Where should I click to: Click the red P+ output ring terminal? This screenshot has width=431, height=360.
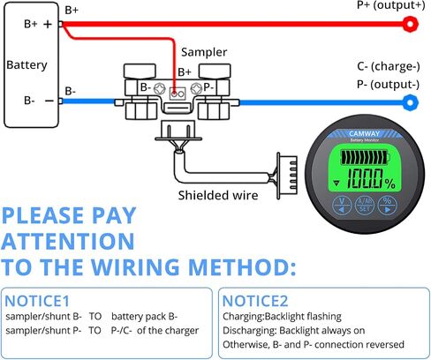(x=410, y=24)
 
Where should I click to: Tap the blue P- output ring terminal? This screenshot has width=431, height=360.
(x=410, y=102)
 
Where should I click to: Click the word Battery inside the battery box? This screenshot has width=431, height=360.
(x=26, y=65)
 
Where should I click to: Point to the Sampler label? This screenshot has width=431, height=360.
(x=204, y=52)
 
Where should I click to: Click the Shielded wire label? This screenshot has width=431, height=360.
(x=218, y=195)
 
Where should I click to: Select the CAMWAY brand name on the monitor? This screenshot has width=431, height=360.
(x=364, y=134)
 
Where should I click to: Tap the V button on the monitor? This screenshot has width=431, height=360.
(x=342, y=205)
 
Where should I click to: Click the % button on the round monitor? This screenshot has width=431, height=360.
(x=388, y=205)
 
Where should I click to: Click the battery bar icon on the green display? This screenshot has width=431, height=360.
(x=366, y=158)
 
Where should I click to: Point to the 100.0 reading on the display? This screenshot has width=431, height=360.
(x=365, y=178)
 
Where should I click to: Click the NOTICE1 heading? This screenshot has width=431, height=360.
(x=37, y=301)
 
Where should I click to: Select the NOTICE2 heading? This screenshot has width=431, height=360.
(x=255, y=301)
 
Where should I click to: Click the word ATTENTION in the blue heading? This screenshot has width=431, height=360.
(x=68, y=241)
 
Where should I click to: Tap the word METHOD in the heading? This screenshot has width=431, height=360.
(x=242, y=266)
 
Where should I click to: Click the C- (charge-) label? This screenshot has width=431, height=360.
(x=389, y=66)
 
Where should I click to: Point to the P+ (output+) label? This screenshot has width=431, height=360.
(x=391, y=5)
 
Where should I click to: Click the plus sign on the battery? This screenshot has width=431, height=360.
(x=48, y=24)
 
